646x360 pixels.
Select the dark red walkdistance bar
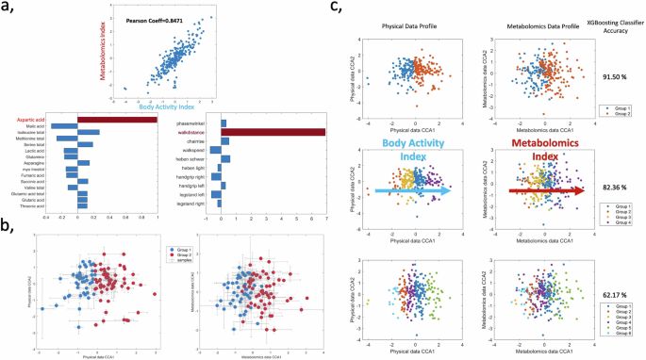click(x=273, y=132)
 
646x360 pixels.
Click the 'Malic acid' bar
click(x=64, y=125)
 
